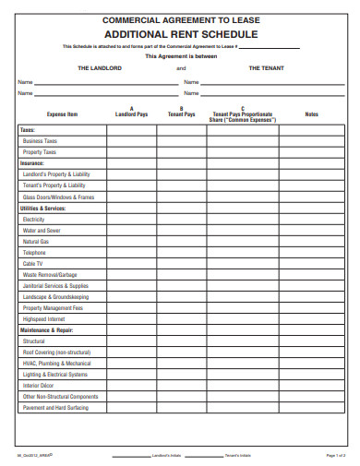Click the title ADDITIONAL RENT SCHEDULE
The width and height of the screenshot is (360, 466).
click(180, 33)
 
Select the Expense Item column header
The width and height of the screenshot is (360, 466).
click(63, 114)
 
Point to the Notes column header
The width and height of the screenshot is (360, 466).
click(312, 114)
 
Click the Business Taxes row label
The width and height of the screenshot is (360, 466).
click(40, 141)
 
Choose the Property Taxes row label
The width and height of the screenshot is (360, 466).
click(40, 152)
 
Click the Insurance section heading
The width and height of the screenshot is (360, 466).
click(32, 162)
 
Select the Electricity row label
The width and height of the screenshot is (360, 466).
click(34, 219)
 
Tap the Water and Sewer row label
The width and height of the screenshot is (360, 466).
click(42, 230)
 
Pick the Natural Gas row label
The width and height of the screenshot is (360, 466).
click(36, 241)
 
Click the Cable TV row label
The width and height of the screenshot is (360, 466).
click(33, 263)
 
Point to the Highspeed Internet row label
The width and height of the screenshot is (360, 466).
click(46, 318)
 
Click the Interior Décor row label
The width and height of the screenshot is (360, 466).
click(40, 385)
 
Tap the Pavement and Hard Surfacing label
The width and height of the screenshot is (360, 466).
click(55, 407)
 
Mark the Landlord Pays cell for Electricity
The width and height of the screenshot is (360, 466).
click(132, 219)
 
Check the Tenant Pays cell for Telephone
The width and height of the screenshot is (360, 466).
click(182, 252)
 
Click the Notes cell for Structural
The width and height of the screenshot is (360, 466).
click(312, 341)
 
